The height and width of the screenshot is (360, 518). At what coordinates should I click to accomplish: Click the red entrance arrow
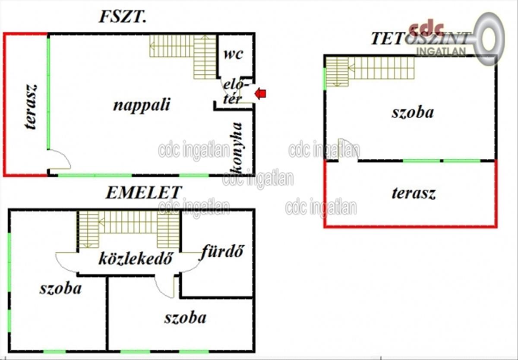(x=261, y=93)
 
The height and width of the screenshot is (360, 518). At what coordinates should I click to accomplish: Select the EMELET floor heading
(x=144, y=193)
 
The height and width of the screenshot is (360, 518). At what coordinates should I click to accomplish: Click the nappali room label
(x=142, y=104)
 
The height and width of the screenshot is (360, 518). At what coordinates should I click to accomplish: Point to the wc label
(x=233, y=54)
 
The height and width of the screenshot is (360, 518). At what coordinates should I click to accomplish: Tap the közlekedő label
(x=136, y=259)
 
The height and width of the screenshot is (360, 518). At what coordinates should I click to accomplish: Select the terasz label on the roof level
(x=414, y=193)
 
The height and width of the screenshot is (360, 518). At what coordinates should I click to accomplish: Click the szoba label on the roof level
(x=413, y=112)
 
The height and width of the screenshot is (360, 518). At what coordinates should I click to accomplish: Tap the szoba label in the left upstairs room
(x=60, y=288)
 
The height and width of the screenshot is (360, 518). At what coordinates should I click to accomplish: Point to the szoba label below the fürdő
(x=185, y=318)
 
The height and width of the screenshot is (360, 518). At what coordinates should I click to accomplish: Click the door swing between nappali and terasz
(x=59, y=160)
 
